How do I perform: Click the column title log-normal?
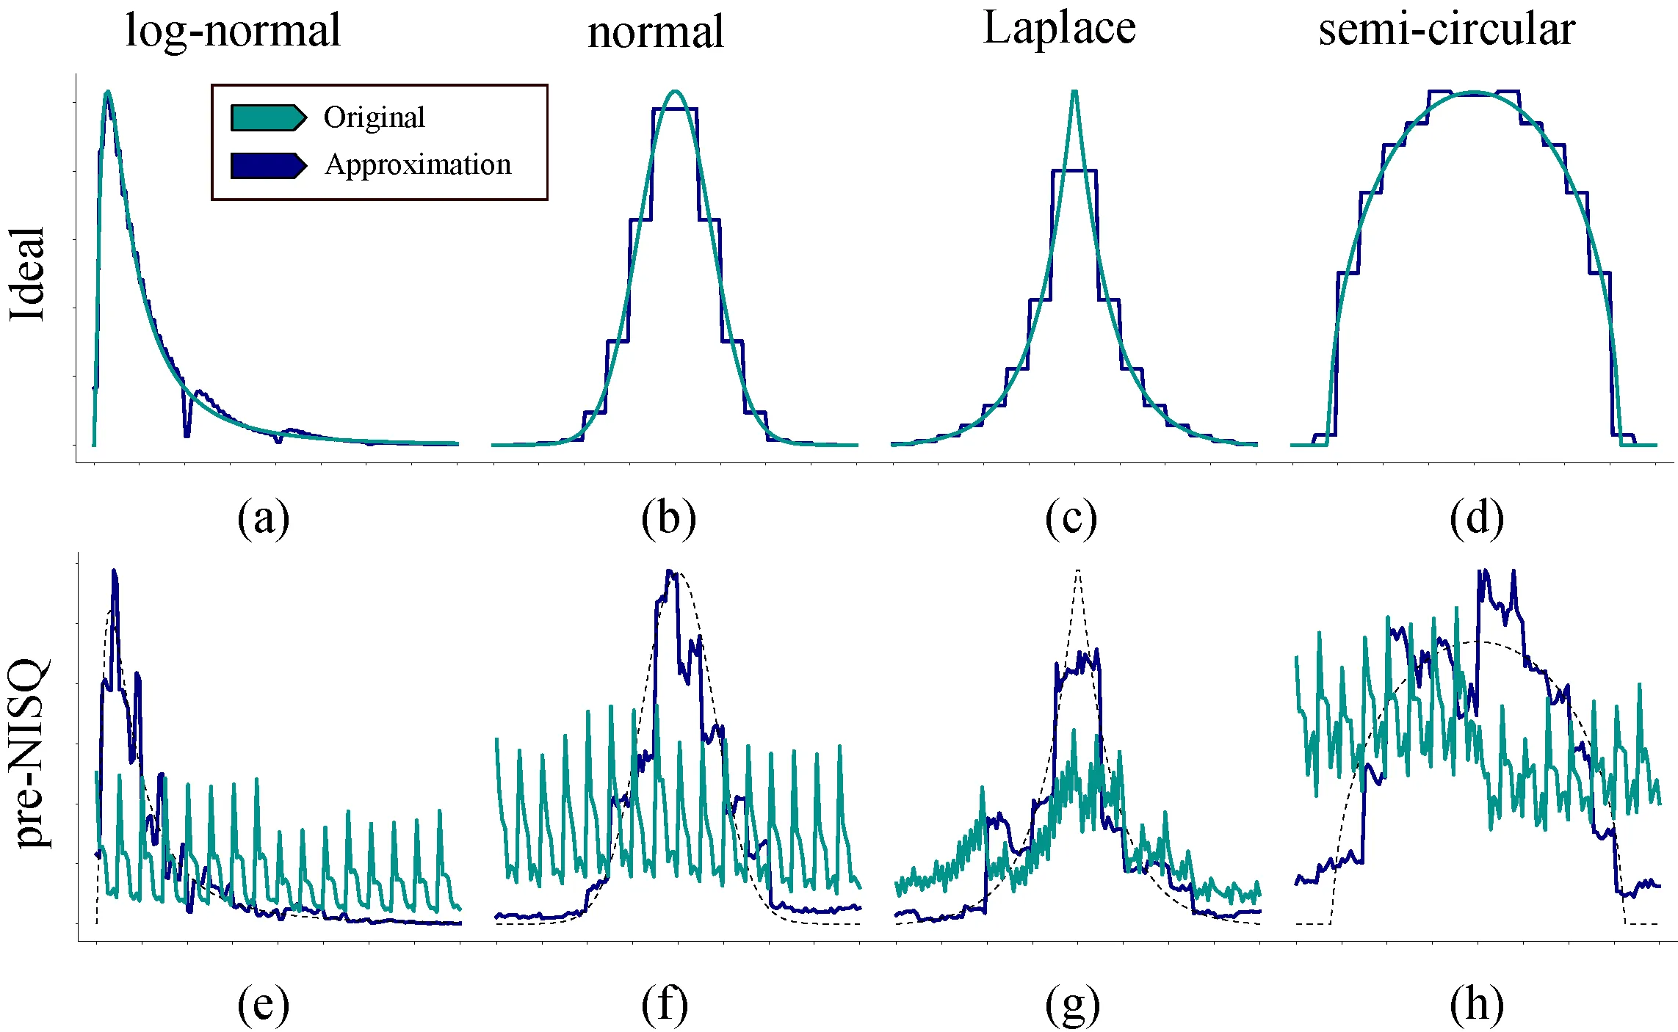tap(233, 32)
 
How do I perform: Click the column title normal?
tap(656, 33)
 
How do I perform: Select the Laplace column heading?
tap(1059, 29)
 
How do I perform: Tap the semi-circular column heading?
tap(1446, 30)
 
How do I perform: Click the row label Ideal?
tap(28, 273)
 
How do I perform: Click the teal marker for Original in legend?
tap(268, 117)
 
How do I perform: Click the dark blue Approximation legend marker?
tap(268, 166)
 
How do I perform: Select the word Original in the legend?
tap(374, 117)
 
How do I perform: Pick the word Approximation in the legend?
tap(418, 165)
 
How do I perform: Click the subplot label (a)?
tap(263, 518)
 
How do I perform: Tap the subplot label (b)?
tap(668, 518)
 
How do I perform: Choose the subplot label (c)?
tap(1071, 518)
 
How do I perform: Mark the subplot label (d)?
tap(1476, 518)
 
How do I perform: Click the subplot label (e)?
tap(263, 1006)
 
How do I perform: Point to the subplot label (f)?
tap(665, 1006)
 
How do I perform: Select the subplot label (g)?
tap(1072, 1006)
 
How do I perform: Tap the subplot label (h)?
tap(1476, 1006)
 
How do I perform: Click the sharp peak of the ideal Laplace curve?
tap(1074, 92)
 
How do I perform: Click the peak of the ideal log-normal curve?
tap(108, 92)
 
